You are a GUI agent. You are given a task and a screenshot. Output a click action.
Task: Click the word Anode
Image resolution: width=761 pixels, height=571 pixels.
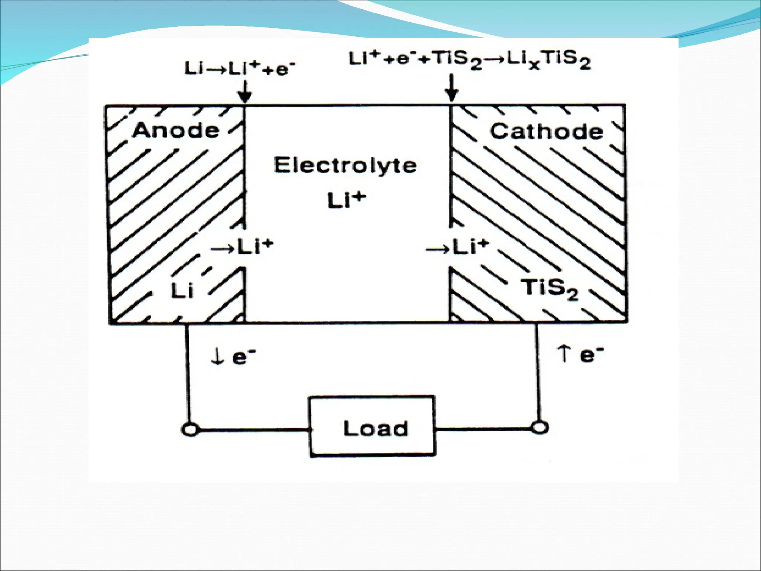(176, 130)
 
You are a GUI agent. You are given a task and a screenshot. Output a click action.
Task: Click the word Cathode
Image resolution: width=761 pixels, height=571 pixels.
(546, 131)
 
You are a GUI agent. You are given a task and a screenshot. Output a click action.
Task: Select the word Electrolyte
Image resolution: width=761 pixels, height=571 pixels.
(345, 165)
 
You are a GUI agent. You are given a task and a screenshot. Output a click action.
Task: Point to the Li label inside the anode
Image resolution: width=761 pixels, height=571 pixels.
(182, 290)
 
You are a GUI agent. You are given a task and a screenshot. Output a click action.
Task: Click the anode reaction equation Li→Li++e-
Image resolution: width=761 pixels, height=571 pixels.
(240, 69)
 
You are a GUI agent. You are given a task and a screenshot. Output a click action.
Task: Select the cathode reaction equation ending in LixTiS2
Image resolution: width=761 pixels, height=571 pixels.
(469, 60)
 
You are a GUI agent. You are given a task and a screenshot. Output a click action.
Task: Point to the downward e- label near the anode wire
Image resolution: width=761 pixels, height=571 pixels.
(233, 357)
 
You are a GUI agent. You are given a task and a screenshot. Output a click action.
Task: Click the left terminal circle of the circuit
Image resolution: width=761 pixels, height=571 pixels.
(190, 430)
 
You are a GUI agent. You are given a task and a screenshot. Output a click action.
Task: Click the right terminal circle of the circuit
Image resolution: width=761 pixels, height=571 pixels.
(538, 427)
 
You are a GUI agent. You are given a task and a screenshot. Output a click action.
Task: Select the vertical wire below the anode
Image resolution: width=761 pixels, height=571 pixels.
(188, 372)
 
